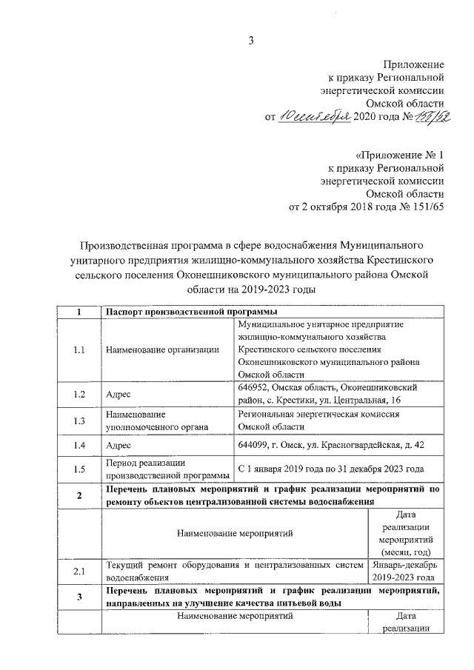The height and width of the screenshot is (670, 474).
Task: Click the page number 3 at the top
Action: point(250,41)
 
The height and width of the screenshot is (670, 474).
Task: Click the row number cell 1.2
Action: point(79,394)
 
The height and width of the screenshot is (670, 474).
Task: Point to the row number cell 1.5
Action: point(79,469)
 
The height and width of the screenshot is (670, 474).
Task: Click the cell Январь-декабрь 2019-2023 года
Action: point(402,571)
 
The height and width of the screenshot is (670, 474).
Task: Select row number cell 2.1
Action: point(79,571)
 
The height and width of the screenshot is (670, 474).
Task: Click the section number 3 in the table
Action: point(79,597)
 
